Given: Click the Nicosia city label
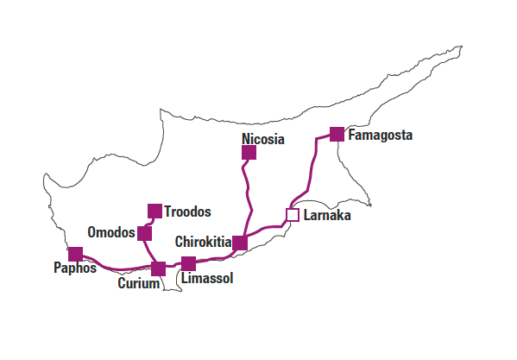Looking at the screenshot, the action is (262, 139).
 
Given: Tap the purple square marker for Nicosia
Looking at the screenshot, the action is (249, 152).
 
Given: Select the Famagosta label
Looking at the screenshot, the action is (380, 136).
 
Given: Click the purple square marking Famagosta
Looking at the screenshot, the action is (337, 134).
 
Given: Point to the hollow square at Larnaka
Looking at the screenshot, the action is (293, 215).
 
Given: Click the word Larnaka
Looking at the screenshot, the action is (327, 215).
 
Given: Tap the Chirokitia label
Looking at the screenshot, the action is (203, 242).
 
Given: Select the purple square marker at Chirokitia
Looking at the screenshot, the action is (240, 243).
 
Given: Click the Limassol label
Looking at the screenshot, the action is (207, 278).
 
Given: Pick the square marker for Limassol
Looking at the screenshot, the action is (189, 263).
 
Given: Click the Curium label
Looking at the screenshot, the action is (138, 283).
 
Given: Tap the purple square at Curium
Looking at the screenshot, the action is (158, 269).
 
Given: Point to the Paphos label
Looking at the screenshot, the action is (75, 268).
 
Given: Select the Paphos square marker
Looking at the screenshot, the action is (75, 254).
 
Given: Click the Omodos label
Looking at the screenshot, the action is (111, 232).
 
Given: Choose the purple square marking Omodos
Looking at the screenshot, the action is (144, 233).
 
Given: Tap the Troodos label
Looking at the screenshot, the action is (187, 212).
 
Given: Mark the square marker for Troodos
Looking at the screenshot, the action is (154, 211).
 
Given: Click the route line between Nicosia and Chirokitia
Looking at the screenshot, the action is (248, 194).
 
